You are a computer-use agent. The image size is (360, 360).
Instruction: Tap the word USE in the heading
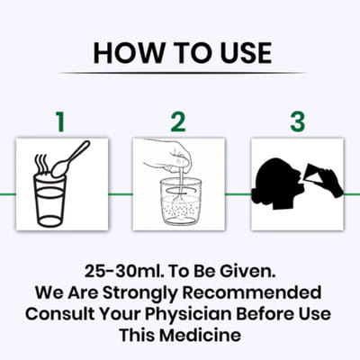246,53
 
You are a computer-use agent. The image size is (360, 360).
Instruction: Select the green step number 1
61,121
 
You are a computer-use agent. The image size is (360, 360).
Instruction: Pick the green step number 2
178,121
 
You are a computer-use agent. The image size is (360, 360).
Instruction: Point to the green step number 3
298,121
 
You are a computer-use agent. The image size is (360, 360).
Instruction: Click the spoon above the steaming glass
70,159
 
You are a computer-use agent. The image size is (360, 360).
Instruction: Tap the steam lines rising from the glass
41,165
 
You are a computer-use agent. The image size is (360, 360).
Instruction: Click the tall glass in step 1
49,201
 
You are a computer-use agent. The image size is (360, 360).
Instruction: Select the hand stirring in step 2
169,157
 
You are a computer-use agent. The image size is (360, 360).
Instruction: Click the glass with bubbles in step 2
180,202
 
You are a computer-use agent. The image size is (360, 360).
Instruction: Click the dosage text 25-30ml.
124,271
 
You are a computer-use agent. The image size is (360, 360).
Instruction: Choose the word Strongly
140,293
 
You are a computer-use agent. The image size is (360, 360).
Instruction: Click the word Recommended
252,292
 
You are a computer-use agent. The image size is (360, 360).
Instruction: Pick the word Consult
60,314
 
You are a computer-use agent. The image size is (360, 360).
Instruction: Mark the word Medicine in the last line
200,335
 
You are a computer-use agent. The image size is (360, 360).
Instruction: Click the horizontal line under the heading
182,73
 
